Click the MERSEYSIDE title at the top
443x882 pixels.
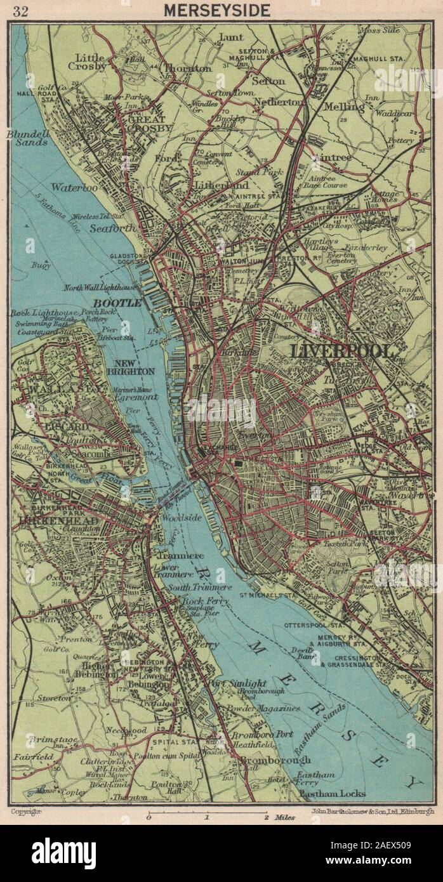pyautogui.click(x=217, y=10)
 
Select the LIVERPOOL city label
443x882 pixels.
pyautogui.click(x=341, y=351)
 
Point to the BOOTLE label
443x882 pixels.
pyautogui.click(x=119, y=303)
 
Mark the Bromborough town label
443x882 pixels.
pyautogui.click(x=271, y=760)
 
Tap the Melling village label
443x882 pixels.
pyautogui.click(x=345, y=107)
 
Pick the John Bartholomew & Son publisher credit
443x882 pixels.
pyautogui.click(x=373, y=811)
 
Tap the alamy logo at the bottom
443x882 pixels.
pyautogui.click(x=64, y=853)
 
